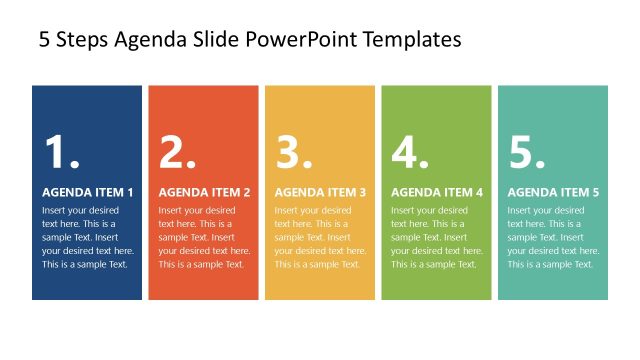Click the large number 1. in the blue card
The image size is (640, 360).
[x=61, y=152]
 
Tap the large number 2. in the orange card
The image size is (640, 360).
[x=177, y=152]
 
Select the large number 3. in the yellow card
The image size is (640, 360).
[x=294, y=152]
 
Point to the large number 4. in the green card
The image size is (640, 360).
[x=410, y=152]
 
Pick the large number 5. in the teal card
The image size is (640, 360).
[x=526, y=152]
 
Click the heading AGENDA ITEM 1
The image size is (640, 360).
[x=88, y=192]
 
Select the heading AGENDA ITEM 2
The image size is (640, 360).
[x=204, y=192]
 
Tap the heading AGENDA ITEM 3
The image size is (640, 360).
[x=320, y=192]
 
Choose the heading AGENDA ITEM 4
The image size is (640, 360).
[x=437, y=192]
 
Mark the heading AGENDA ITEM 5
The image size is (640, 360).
[x=553, y=192]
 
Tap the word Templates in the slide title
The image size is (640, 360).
[x=413, y=40]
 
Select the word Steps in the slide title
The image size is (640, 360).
[x=83, y=40]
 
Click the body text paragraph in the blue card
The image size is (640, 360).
[x=88, y=237]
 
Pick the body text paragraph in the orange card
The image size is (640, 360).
[x=204, y=237]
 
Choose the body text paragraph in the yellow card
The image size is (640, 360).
[x=320, y=237]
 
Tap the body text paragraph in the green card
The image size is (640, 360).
[x=437, y=237]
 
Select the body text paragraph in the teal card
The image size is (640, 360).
[x=553, y=237]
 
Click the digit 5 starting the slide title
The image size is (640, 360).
[x=44, y=40]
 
